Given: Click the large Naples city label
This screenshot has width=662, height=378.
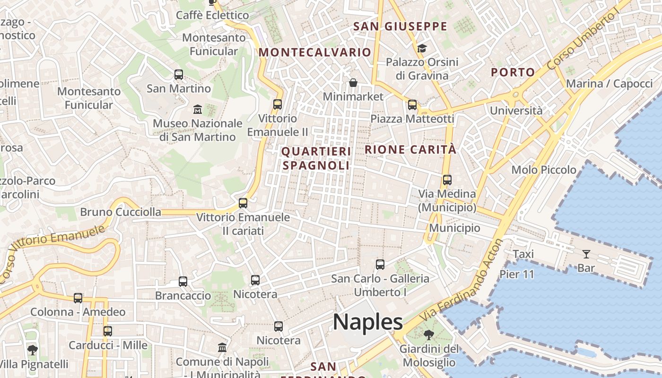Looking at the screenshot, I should [368, 322].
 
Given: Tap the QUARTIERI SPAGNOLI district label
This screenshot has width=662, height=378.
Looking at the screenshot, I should [316, 158].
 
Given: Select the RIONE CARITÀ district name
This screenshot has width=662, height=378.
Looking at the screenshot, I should [410, 150].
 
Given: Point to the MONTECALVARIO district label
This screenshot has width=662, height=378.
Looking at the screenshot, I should [314, 52].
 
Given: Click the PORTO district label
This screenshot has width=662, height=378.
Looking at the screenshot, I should [513, 72].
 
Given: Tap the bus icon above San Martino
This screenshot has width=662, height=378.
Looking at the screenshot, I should [178, 75].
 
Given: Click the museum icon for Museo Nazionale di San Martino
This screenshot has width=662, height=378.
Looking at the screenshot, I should [198, 110].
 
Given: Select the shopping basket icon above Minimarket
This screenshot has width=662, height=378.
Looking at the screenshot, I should [353, 83].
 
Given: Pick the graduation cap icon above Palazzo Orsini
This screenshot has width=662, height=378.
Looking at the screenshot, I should [422, 48].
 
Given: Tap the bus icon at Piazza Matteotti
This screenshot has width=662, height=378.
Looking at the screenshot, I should [412, 105].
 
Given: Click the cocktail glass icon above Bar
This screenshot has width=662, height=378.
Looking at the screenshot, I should [586, 254].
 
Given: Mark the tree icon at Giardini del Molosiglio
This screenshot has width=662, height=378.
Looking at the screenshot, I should [429, 335].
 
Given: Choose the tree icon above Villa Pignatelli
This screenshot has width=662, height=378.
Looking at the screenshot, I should [32, 350].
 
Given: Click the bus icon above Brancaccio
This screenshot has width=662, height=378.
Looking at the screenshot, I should [183, 282].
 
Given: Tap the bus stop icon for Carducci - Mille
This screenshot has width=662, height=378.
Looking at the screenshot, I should [108, 331].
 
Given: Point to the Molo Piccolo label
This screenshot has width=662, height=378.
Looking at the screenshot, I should [544, 170].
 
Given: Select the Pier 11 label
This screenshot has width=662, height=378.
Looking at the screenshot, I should [517, 274].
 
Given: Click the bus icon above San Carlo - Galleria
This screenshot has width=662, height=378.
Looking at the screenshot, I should [380, 265].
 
